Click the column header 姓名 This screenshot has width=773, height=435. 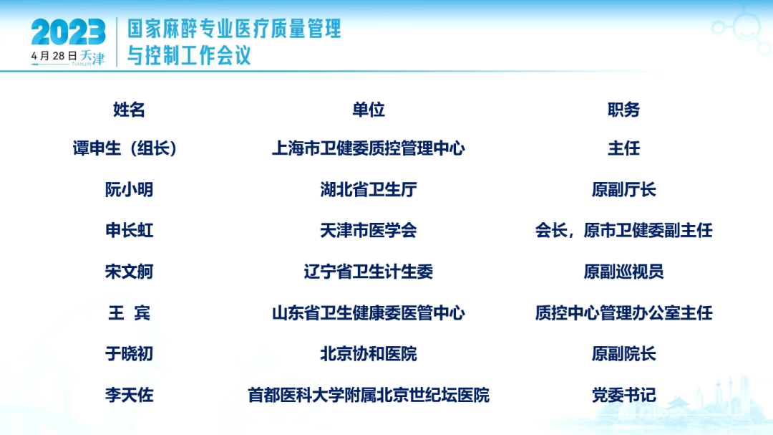[129, 110]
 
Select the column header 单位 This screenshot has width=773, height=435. [369, 110]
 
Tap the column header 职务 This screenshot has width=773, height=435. [623, 110]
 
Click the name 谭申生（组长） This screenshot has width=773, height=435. [125, 148]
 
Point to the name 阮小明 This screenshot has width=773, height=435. [129, 190]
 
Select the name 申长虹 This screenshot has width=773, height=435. [129, 231]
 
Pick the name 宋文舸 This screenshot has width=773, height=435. [129, 272]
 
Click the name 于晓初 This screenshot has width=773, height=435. [129, 354]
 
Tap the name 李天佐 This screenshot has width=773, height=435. [129, 395]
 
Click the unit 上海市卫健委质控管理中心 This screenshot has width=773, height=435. [369, 148]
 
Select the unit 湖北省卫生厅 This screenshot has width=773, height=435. [369, 190]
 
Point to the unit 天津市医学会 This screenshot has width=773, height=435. [369, 231]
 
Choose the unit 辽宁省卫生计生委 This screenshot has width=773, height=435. [369, 272]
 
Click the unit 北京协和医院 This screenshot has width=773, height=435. [369, 354]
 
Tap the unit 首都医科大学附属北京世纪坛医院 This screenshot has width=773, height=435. [369, 395]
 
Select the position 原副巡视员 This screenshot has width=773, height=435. [623, 272]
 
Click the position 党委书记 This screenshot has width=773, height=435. [623, 395]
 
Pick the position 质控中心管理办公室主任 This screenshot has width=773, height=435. [623, 313]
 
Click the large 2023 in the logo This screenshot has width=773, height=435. [68, 32]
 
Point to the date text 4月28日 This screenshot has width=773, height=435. [54, 56]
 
